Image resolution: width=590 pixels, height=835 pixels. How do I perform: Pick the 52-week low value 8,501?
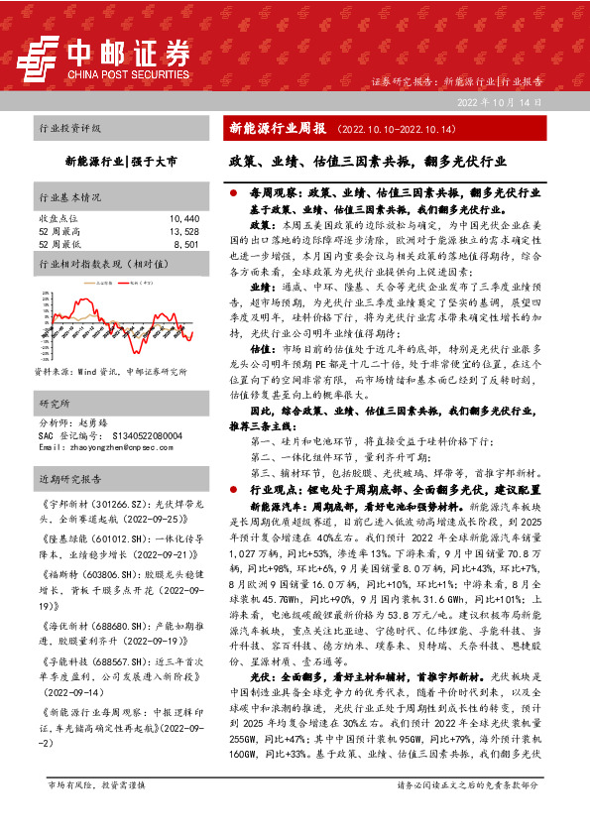point(186,243)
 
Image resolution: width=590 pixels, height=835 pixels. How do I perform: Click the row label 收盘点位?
point(57,217)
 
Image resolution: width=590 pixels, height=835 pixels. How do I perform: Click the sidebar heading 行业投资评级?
point(70,129)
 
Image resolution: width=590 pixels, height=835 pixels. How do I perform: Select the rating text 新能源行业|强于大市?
point(121,159)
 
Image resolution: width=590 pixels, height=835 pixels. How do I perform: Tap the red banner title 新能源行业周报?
point(278,129)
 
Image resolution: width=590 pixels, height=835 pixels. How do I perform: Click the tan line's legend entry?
point(92,284)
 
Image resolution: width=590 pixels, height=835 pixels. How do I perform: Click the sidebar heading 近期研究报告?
point(70,479)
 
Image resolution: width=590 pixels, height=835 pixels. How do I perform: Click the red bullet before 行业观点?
point(232,490)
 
